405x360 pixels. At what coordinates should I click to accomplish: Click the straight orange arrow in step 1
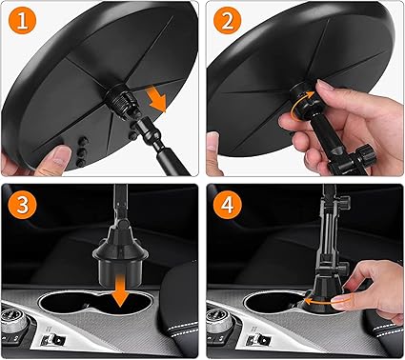[x=157, y=98]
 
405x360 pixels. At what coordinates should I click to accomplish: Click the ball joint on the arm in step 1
[x=143, y=126]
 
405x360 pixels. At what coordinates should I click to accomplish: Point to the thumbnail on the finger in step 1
[x=62, y=155]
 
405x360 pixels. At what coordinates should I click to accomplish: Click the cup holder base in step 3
[x=120, y=255]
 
